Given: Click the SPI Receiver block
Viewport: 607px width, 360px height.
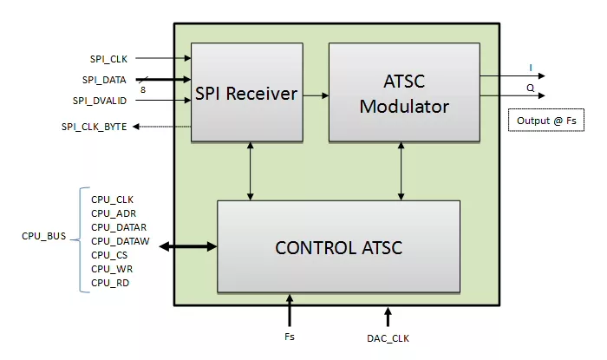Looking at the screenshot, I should (x=246, y=92).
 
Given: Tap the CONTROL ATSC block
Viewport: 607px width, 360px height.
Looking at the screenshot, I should (x=338, y=247).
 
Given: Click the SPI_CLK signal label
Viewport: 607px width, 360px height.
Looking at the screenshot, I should (x=108, y=59).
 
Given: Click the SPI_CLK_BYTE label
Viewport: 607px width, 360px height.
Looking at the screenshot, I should (x=95, y=127).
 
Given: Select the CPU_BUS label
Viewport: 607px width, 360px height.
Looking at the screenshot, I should (x=43, y=235).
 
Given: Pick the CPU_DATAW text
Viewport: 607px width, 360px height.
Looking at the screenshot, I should (x=115, y=240).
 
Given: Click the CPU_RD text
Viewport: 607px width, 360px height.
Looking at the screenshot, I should (x=111, y=282).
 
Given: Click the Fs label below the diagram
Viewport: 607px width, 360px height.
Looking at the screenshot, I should (x=290, y=336).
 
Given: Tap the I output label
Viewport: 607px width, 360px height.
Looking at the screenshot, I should (x=531, y=67).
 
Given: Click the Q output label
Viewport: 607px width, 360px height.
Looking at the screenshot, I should (x=531, y=87).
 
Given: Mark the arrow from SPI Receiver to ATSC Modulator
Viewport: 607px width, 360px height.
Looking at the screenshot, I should (x=316, y=94).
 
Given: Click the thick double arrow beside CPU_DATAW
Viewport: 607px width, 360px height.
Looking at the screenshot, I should (x=188, y=247).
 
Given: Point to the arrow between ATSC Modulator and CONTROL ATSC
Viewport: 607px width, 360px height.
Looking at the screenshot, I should (x=400, y=170).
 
